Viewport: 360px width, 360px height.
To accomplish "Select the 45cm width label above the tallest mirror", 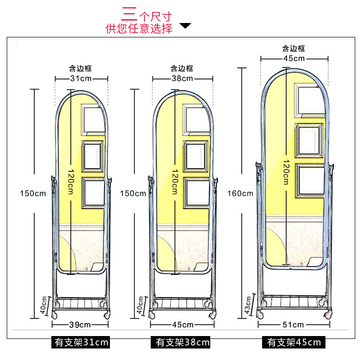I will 293,58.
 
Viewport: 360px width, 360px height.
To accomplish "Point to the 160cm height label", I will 240,193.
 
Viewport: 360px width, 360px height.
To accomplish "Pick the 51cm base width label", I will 293,325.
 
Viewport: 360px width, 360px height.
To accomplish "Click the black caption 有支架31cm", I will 81,342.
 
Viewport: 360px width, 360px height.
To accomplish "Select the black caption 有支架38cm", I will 183,342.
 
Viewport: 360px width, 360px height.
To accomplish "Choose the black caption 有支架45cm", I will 293,342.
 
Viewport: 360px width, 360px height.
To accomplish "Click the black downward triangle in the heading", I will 185,25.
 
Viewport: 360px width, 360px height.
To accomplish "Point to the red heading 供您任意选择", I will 139,28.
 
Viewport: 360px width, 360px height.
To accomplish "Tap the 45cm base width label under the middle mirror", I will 182,325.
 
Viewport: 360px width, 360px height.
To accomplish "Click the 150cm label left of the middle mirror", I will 133,193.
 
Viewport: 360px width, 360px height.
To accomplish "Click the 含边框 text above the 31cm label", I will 81,69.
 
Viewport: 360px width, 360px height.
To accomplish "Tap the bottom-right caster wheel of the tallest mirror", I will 328,315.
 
